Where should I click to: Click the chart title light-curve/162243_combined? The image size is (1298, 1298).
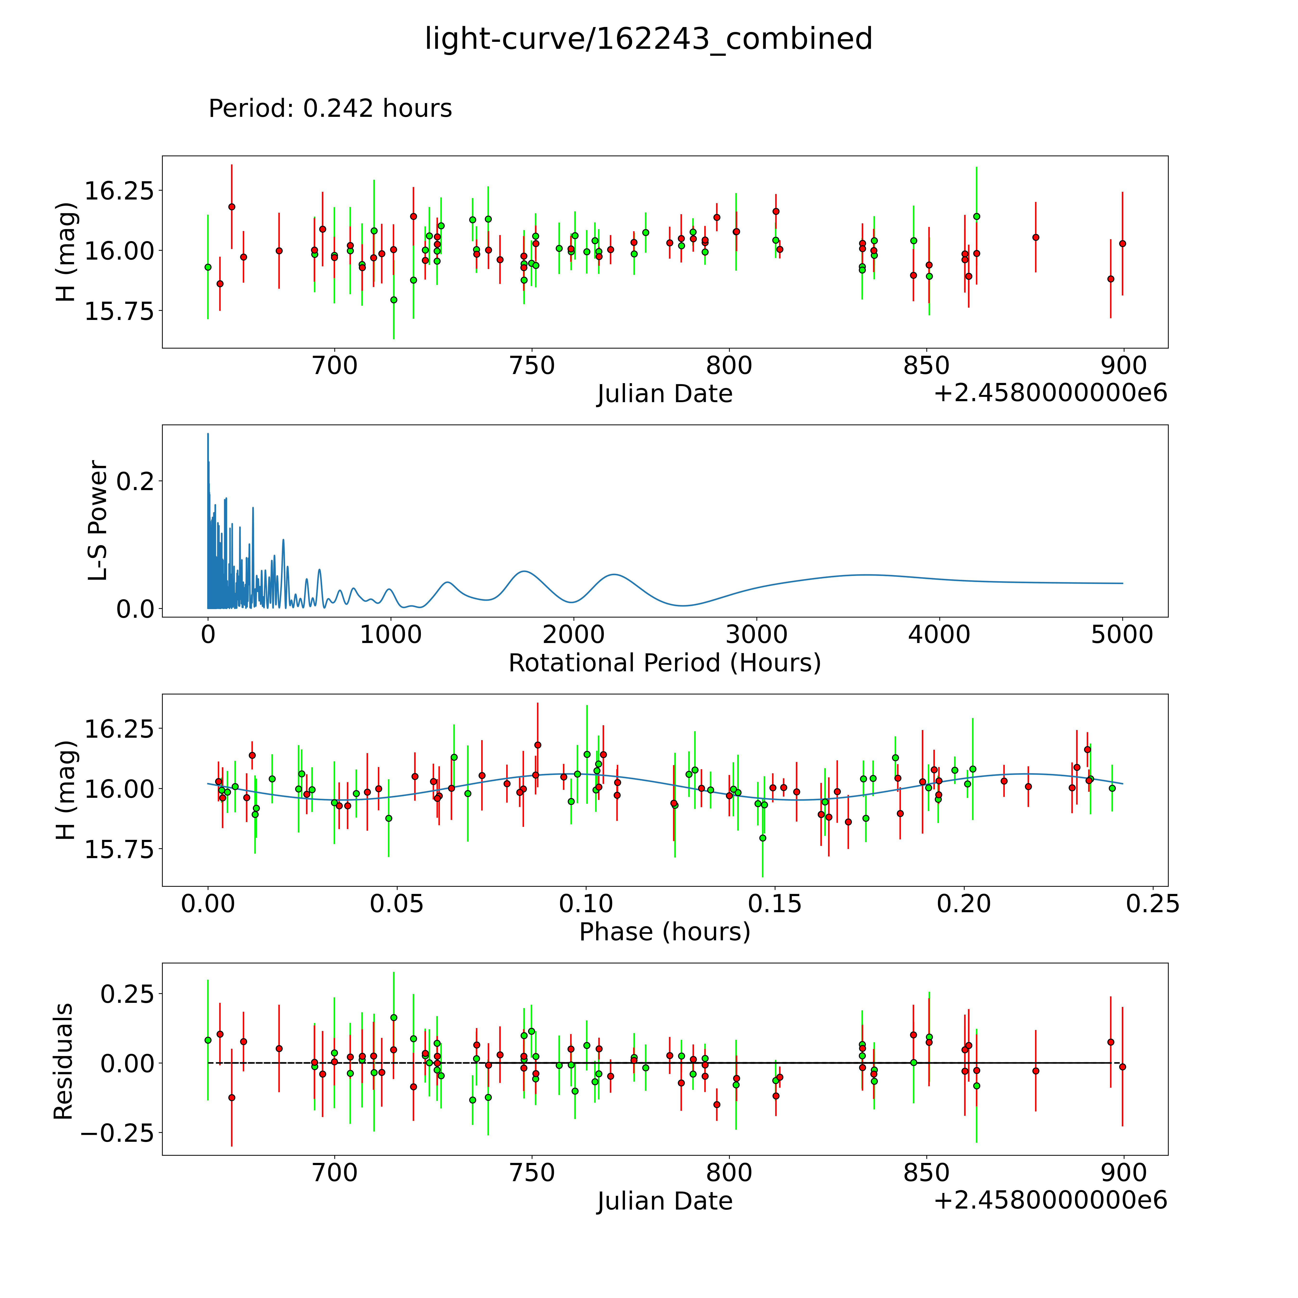point(648,39)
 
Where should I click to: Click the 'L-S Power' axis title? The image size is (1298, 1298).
point(98,521)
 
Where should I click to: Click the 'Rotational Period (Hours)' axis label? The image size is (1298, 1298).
point(664,663)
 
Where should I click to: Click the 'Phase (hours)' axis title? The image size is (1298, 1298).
point(664,932)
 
